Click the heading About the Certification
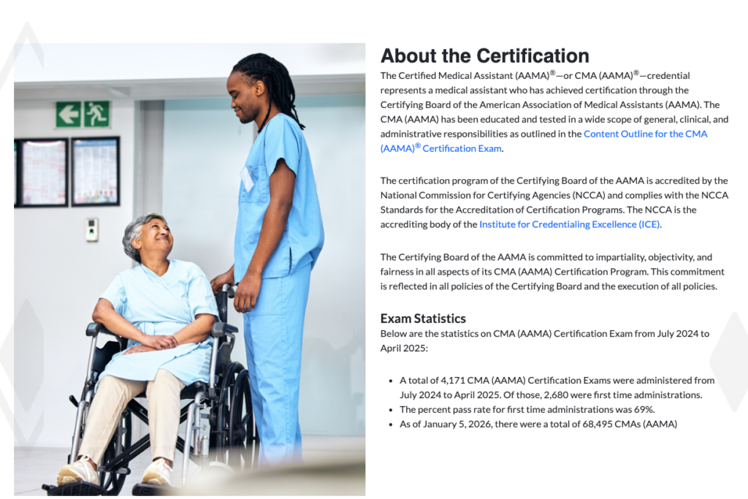click(484, 56)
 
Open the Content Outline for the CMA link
click(645, 134)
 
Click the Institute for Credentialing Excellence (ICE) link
click(569, 224)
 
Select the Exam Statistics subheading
click(423, 319)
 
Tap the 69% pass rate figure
click(643, 409)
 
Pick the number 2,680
click(560, 395)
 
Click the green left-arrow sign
click(68, 114)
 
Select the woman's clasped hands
click(156, 341)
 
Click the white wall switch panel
click(91, 229)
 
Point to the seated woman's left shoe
click(159, 472)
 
